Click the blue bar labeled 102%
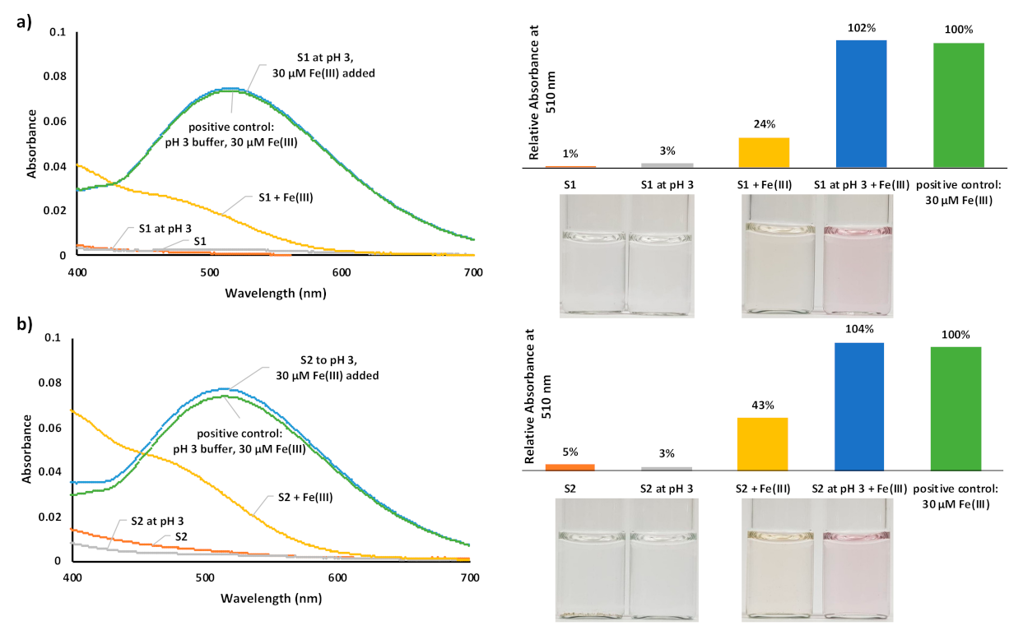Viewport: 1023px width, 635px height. tap(861, 104)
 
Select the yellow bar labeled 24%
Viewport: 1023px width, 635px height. tap(765, 152)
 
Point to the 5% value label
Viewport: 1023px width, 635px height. tap(570, 452)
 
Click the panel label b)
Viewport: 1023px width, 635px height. tap(24, 323)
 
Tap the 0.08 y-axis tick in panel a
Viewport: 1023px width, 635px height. tap(55, 76)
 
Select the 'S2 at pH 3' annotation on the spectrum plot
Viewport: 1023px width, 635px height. tap(157, 521)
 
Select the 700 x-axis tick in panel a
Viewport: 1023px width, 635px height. tap(473, 271)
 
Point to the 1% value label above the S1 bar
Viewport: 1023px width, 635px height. tap(570, 154)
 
